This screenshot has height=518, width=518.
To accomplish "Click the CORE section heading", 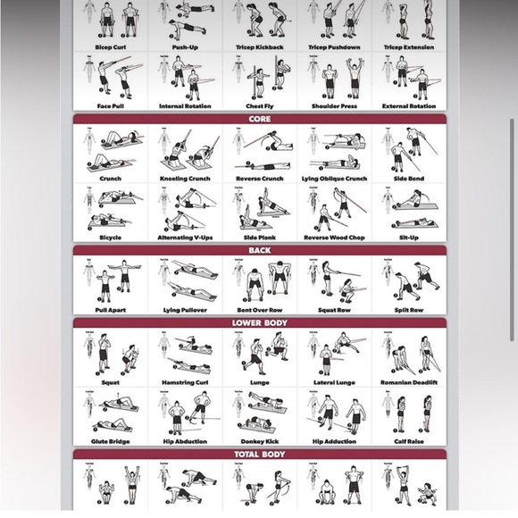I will [x=259, y=119].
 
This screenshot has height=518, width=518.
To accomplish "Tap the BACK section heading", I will [x=259, y=251].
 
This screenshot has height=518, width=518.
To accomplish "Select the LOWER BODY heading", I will [x=259, y=323].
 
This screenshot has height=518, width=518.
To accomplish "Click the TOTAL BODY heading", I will [x=259, y=455].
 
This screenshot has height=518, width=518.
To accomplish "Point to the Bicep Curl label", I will [x=111, y=47].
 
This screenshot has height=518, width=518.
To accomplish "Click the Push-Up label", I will [x=185, y=47].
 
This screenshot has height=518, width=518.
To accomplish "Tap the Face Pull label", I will [x=111, y=106].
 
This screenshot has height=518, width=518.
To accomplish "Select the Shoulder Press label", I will [x=334, y=106].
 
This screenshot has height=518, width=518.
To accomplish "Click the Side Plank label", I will [x=259, y=238].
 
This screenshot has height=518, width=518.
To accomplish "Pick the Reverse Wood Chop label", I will [x=334, y=238].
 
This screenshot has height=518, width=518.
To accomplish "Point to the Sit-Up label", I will [x=408, y=238].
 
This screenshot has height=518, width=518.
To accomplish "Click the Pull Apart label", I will [x=111, y=310].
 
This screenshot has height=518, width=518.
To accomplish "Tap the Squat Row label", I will [x=334, y=310].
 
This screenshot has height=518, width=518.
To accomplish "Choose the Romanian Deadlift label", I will [x=408, y=382].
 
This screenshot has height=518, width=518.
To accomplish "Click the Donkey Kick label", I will [x=259, y=441].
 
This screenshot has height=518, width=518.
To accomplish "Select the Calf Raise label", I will [x=408, y=441].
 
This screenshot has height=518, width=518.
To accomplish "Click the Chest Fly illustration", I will [x=259, y=78].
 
